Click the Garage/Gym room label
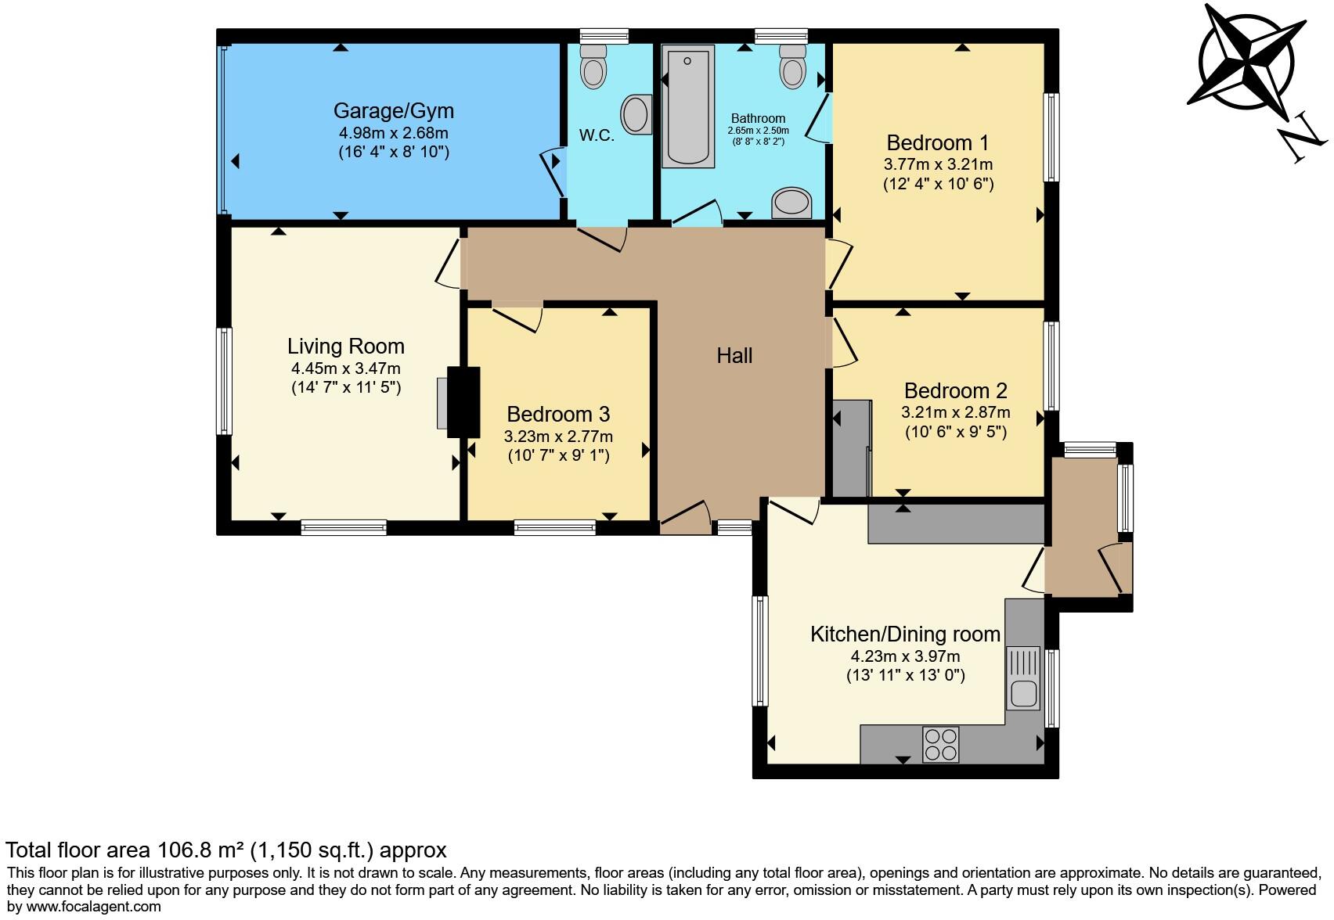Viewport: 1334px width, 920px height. pos(393,110)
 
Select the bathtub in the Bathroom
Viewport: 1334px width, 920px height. pos(688,106)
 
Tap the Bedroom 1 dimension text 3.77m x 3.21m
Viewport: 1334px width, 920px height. pos(938,164)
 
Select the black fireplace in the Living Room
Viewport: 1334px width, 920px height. pos(463,402)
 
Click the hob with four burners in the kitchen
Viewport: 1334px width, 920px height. pos(940,744)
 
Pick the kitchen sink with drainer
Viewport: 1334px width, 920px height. pos(1023,677)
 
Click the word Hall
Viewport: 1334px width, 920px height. pos(734,356)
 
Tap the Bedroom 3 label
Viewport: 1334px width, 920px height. pos(558,414)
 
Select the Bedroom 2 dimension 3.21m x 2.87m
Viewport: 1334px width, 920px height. pos(955,411)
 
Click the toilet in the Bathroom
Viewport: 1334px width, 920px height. pos(793,66)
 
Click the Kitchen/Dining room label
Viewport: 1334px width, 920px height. pos(905,634)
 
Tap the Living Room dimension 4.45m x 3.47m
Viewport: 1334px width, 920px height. pos(345,368)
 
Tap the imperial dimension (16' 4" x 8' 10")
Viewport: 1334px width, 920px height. pos(393,152)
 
